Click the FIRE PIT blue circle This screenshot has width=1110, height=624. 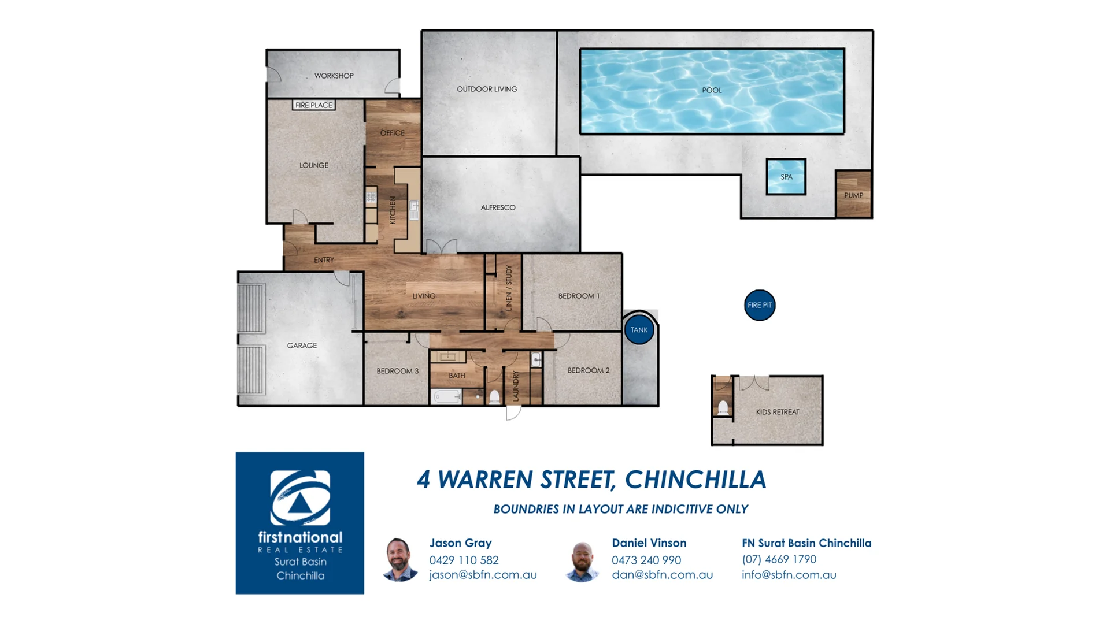tap(760, 305)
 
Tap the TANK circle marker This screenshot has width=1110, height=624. tap(639, 330)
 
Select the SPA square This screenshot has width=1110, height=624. tap(786, 177)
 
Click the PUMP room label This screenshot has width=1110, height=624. tap(853, 195)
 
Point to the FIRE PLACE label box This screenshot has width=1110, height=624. tap(314, 105)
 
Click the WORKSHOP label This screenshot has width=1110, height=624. tap(334, 76)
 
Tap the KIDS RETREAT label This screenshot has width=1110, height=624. tap(778, 412)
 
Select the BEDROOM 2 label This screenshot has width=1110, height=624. tap(588, 370)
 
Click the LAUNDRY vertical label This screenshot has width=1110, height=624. tap(516, 386)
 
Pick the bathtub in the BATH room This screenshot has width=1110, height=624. tap(446, 397)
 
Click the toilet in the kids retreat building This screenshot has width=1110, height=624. tap(723, 407)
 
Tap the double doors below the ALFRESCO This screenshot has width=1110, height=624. tap(442, 247)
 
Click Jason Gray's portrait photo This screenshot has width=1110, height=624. tap(399, 559)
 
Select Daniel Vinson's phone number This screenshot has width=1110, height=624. tap(646, 560)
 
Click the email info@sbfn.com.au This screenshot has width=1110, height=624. tap(789, 575)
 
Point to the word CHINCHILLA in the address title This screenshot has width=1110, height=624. tap(695, 480)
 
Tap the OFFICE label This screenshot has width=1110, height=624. tap(392, 133)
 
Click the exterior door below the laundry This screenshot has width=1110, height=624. tap(513, 413)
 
